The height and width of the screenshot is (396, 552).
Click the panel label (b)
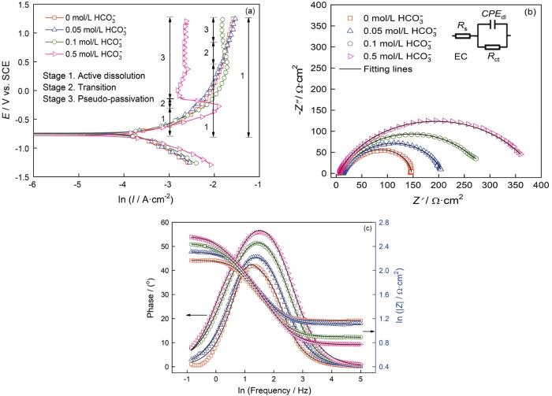click(x=532, y=11)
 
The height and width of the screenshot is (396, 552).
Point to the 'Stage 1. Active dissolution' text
click(x=84, y=74)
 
